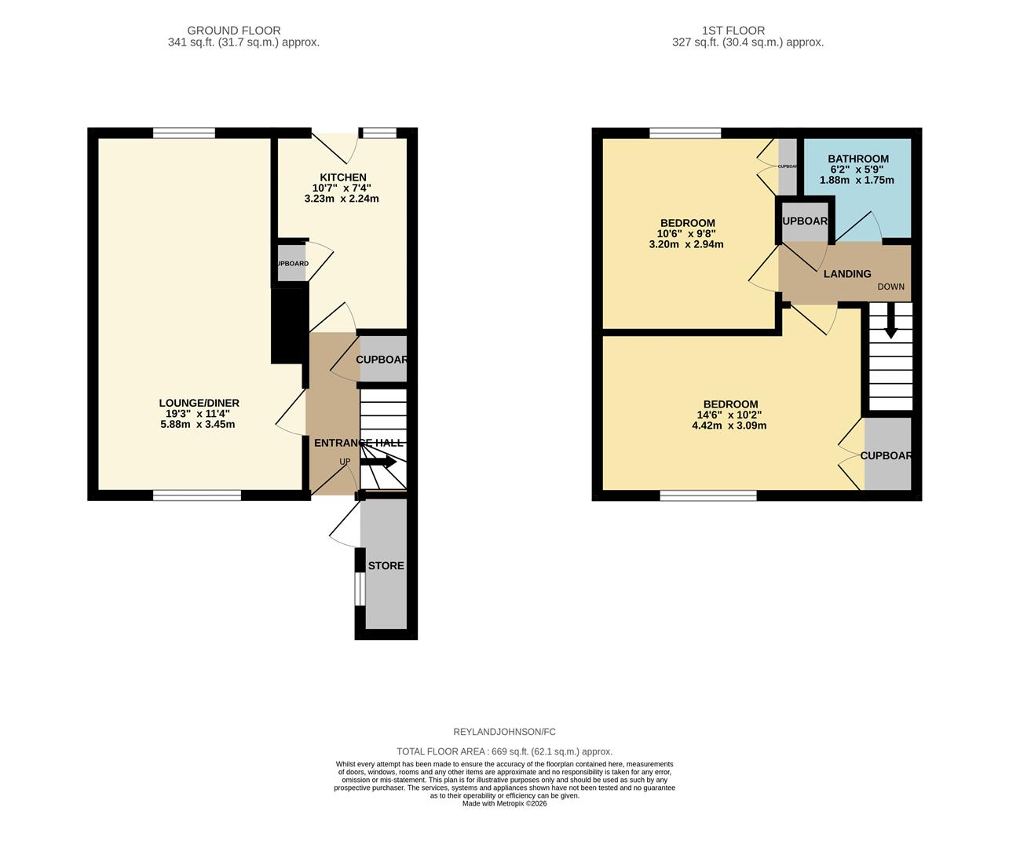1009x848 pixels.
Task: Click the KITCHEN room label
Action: [342, 177]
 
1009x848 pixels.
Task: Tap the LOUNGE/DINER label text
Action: [199, 403]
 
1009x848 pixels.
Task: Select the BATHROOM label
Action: [858, 159]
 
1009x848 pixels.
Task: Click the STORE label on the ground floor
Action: [386, 565]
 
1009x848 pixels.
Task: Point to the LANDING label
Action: [846, 274]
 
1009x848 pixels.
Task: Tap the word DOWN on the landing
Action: [890, 287]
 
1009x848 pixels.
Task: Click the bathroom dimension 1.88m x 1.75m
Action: [857, 180]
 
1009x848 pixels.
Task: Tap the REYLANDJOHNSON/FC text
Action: [504, 732]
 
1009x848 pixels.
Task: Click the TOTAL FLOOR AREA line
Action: [504, 751]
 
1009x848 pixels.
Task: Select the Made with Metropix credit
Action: [504, 803]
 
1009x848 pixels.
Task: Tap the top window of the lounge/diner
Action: [184, 133]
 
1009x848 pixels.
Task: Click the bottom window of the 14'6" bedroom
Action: [708, 495]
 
